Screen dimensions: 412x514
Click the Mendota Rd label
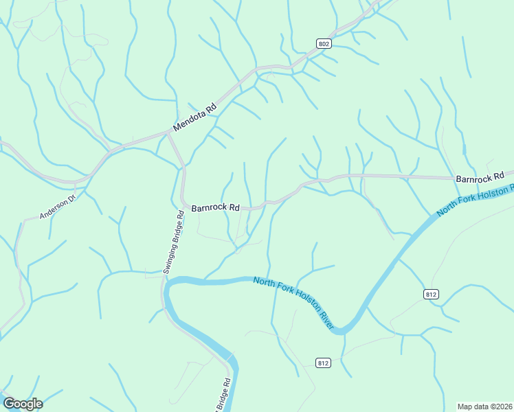tap(194, 117)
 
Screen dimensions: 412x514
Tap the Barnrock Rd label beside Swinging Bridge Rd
tap(215, 207)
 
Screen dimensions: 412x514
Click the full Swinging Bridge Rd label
tap(175, 242)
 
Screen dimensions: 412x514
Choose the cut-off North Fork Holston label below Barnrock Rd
tap(476, 199)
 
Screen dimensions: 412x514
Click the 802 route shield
tap(324, 44)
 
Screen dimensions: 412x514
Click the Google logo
tap(23, 403)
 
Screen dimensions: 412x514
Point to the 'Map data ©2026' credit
tap(484, 406)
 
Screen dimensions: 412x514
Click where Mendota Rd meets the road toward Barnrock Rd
tap(168, 135)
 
